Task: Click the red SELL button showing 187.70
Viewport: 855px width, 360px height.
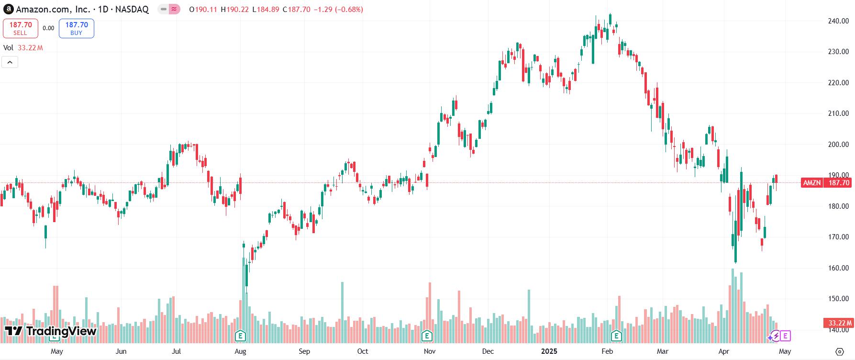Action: point(20,28)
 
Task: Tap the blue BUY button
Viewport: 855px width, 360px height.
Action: point(77,28)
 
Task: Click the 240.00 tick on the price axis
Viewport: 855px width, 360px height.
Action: point(838,21)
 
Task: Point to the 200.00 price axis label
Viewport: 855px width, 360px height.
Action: point(838,145)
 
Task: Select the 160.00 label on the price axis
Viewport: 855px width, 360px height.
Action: point(838,268)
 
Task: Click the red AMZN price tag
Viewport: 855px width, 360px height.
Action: point(812,183)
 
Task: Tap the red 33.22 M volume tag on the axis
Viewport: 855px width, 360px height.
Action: point(839,323)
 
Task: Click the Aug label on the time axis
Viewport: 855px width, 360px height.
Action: point(240,351)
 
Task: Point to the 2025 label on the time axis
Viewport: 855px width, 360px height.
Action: point(549,351)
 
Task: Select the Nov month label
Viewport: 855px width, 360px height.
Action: point(430,351)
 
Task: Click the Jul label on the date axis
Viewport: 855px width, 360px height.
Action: point(177,351)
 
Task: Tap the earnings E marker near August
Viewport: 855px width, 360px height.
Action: point(241,336)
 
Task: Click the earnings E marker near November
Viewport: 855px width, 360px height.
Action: point(426,336)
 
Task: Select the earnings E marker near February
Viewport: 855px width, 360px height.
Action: point(617,336)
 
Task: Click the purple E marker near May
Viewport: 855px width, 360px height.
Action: point(785,336)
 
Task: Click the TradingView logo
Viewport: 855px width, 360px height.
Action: point(51,331)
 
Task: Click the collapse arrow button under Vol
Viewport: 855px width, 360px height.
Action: point(10,62)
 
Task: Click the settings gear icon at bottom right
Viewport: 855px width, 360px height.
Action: point(839,351)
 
